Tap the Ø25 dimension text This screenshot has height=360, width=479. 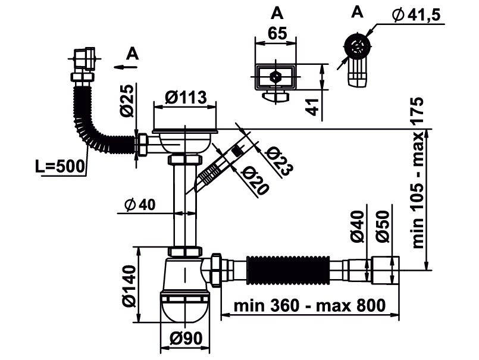[125, 102]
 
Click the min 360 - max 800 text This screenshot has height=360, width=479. [309, 306]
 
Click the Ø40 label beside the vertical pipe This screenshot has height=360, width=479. [140, 205]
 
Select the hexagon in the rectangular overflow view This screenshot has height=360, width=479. [275, 77]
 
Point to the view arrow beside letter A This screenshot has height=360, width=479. [126, 66]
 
